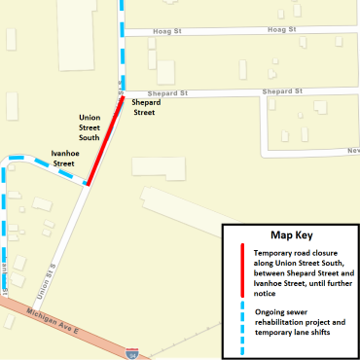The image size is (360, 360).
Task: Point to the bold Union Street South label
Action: [x=95, y=127]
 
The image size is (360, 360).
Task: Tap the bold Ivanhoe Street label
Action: [x=63, y=159]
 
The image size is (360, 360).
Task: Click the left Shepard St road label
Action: [x=148, y=93]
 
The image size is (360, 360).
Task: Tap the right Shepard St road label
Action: [x=282, y=91]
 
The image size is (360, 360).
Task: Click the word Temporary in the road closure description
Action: [x=276, y=252]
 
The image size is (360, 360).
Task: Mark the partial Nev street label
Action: [x=353, y=152]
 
